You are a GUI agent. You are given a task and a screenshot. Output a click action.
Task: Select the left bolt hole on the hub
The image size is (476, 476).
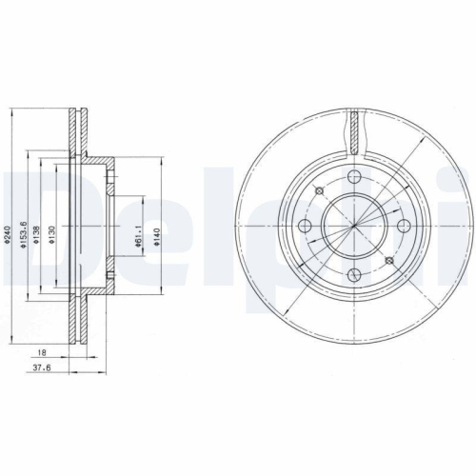[304, 226]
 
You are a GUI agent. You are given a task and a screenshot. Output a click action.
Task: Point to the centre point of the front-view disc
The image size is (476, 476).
[354, 227]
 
